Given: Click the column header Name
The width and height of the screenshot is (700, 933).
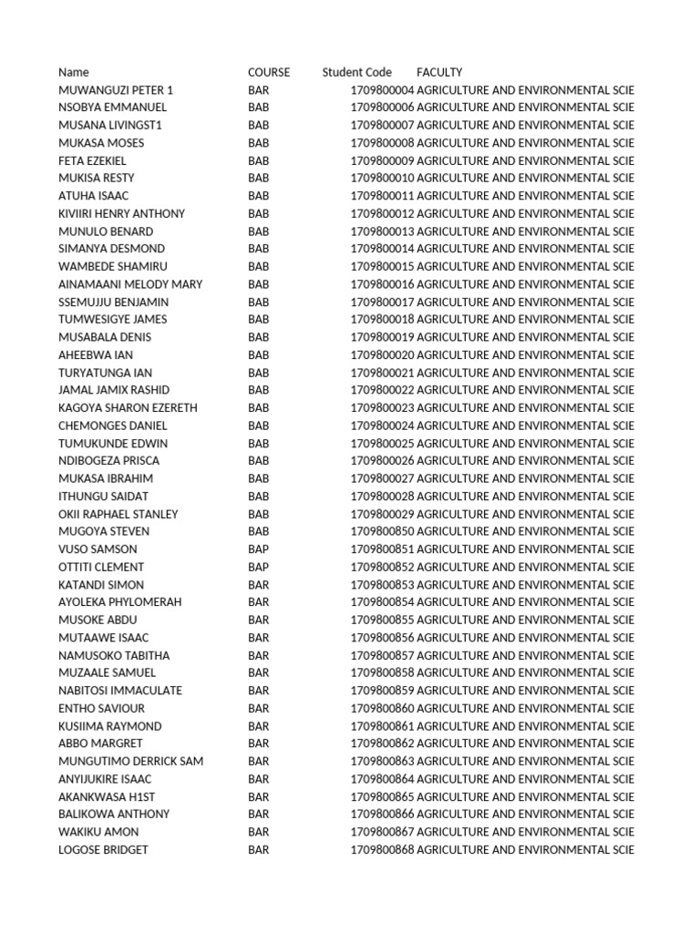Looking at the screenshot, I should point(74,72).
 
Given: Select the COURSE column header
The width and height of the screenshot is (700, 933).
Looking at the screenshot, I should point(269,72).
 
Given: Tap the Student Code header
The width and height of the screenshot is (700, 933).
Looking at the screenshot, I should point(356,72).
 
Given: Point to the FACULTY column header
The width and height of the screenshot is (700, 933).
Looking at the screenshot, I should point(439,72).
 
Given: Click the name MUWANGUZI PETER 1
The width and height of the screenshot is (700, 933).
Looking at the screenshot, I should point(116,90).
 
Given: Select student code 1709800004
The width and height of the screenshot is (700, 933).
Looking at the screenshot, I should point(382,90).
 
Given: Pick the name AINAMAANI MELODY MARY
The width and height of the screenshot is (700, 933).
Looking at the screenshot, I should point(130,284).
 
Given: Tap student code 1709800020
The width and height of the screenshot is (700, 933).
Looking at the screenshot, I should point(382,355).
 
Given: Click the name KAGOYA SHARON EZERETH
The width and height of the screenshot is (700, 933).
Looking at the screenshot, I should point(128,408).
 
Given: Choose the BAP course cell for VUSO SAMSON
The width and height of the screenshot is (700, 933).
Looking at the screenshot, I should point(259,549).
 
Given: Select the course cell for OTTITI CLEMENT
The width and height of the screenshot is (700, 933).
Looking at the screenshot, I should point(259,567).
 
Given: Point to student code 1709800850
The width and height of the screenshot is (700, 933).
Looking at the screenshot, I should point(382,531).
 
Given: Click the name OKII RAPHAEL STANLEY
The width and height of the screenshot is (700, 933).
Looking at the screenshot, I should point(118,514).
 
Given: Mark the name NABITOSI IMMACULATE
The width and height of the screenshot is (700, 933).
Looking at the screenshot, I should point(120,691).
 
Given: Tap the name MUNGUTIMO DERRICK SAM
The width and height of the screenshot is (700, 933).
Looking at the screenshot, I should point(130,762).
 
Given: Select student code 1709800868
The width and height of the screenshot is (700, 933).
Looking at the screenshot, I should point(382,850).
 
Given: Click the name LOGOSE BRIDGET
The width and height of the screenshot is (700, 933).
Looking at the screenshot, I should point(103,850).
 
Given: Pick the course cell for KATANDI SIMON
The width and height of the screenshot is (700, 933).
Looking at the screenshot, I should point(259,585).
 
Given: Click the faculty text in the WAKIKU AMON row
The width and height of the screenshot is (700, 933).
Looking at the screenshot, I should point(525,832).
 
